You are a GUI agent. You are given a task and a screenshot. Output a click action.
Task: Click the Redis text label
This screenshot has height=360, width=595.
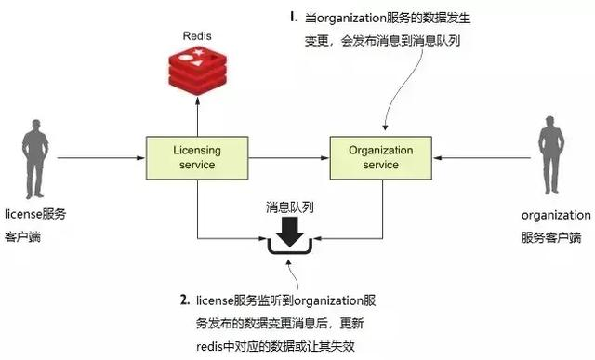[195, 35]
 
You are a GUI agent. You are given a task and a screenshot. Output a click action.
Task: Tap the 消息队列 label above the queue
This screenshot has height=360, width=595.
[289, 207]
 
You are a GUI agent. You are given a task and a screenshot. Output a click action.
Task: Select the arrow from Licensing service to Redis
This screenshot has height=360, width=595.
[196, 116]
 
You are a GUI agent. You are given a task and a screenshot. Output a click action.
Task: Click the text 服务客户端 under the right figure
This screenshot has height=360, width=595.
[551, 236]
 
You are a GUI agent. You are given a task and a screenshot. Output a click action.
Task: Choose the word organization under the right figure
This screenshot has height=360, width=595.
[551, 215]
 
